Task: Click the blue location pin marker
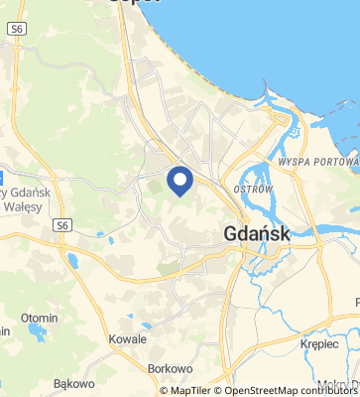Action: click(180, 181)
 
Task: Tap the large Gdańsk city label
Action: click(257, 235)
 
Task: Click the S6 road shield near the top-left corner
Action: click(18, 31)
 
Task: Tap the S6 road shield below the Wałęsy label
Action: click(62, 224)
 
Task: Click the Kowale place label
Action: click(128, 338)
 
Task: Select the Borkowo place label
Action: click(168, 368)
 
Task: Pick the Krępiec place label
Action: click(319, 343)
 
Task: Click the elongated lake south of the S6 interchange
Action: click(73, 261)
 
